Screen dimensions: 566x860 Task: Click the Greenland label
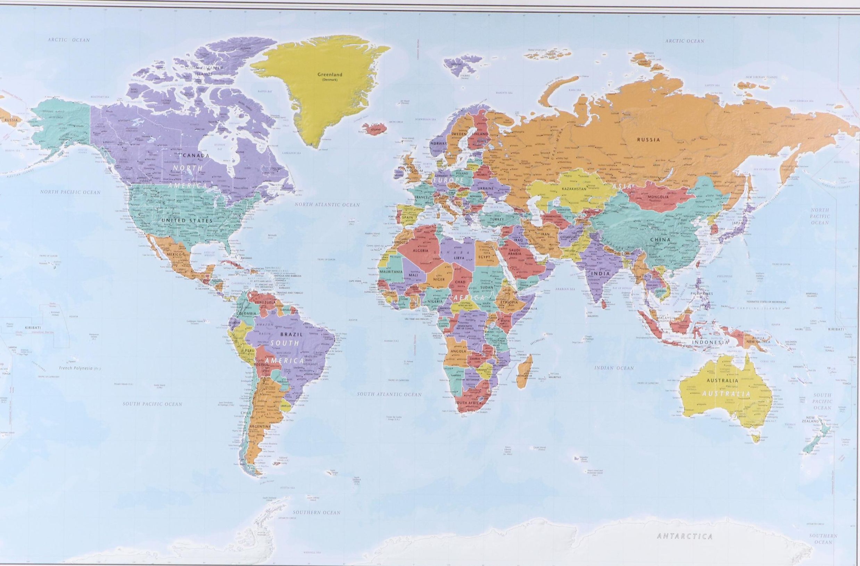330,75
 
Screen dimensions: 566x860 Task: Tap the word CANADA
196,155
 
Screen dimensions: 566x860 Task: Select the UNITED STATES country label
187,220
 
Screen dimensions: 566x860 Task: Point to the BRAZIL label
293,334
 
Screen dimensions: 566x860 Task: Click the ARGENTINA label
260,426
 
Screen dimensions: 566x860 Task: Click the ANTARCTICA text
685,536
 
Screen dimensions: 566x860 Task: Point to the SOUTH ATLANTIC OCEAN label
389,394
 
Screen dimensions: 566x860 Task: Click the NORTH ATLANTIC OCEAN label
328,205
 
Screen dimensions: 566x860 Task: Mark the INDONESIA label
710,342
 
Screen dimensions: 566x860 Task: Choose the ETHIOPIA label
508,302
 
